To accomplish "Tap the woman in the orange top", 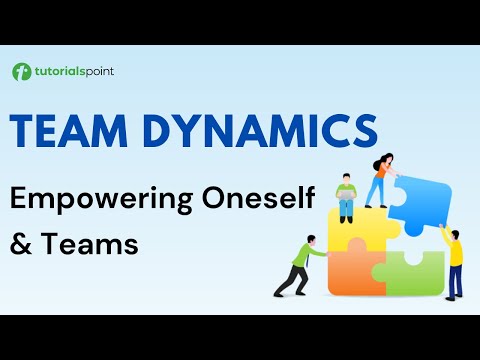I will coord(382,180).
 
